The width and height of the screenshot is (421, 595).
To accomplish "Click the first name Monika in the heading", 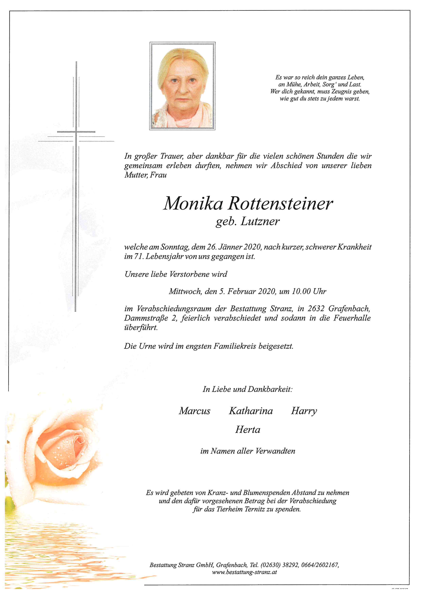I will click(x=193, y=204).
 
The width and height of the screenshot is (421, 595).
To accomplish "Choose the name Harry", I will click(x=304, y=411).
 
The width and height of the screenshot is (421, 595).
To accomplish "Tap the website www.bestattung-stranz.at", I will click(x=244, y=572).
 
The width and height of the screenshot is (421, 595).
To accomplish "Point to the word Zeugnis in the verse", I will click(x=338, y=91).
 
